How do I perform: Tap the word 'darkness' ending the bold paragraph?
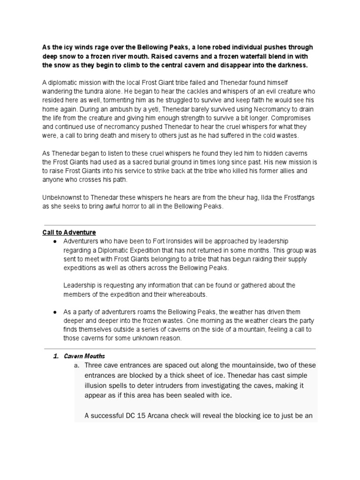(x=289, y=65)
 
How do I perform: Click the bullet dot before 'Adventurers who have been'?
(x=55, y=241)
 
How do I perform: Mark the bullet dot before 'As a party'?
(x=55, y=312)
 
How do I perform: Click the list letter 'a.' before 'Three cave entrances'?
(x=77, y=366)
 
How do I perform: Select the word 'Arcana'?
(x=162, y=416)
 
